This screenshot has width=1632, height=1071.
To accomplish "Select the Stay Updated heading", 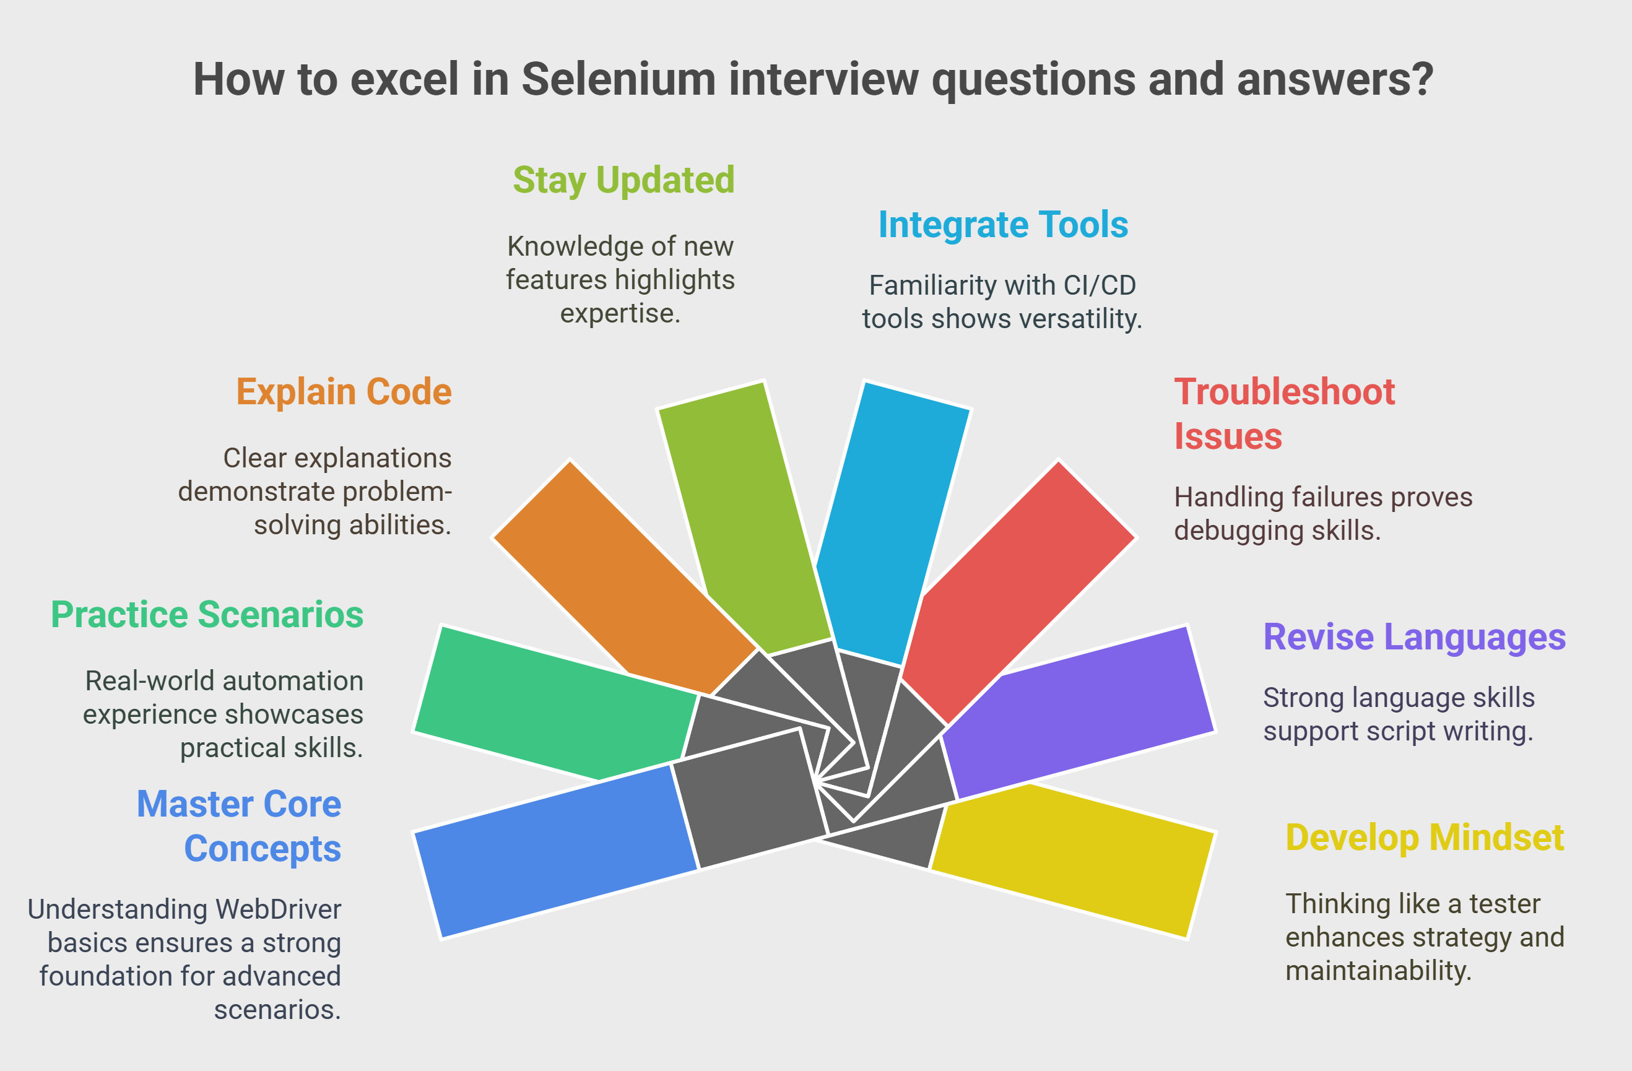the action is [x=624, y=180].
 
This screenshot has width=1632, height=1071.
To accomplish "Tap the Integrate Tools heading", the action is [x=1003, y=225].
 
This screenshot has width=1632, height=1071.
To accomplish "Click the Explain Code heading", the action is [x=344, y=392].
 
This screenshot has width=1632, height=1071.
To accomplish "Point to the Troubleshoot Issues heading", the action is [x=1284, y=414].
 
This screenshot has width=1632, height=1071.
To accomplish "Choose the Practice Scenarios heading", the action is [x=207, y=614].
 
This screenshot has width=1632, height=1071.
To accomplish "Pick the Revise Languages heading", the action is [x=1415, y=637].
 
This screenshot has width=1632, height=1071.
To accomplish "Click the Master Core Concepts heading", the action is [x=238, y=826].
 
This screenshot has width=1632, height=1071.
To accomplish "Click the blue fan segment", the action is [x=555, y=850].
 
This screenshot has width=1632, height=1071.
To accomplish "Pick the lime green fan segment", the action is [x=744, y=514].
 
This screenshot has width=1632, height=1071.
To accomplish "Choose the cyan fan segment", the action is [x=892, y=521].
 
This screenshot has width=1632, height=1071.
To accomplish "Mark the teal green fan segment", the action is [x=555, y=703].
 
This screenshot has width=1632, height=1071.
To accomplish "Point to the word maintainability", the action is [x=1378, y=971].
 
